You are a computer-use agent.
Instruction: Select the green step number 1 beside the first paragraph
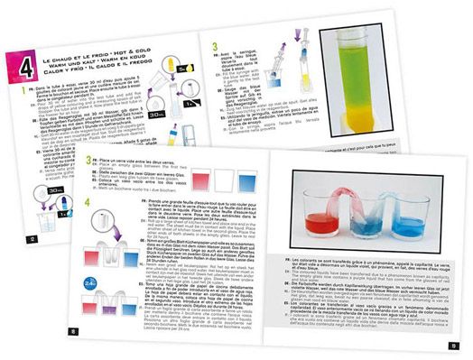click(11, 90)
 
